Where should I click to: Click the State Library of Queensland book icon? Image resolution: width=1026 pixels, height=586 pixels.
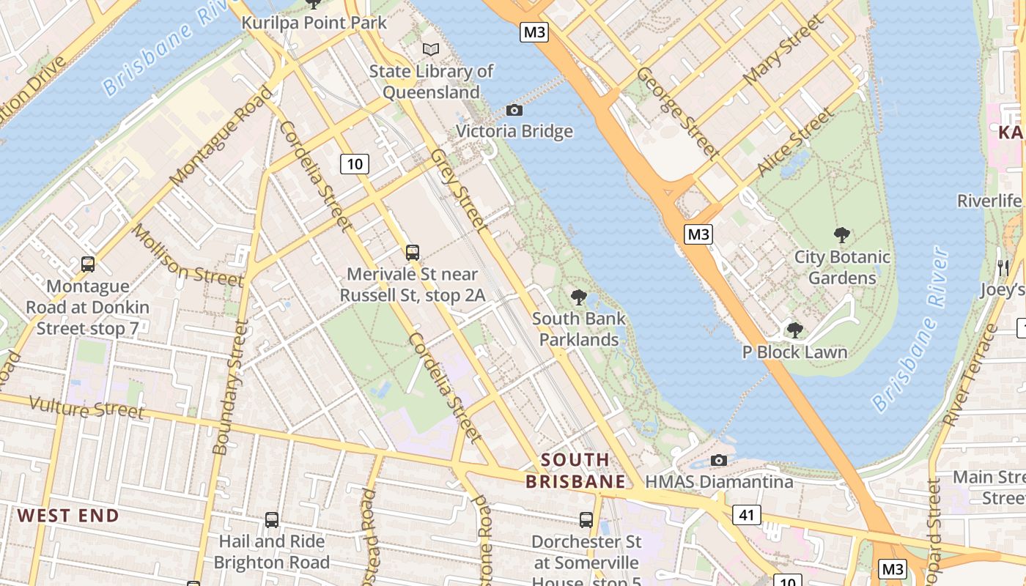coord(431,49)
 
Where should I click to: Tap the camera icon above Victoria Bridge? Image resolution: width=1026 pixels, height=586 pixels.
coord(514,110)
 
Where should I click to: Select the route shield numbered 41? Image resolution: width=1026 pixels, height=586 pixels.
coord(746,515)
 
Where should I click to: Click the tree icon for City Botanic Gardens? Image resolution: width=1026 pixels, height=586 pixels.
coord(841,235)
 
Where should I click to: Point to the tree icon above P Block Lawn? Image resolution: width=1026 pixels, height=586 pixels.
coord(794,330)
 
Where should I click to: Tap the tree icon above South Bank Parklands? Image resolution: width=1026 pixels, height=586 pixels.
coord(578,297)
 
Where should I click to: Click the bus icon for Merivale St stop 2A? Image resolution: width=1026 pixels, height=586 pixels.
coord(413,253)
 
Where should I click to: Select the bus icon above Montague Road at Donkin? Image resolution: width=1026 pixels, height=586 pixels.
coord(88,264)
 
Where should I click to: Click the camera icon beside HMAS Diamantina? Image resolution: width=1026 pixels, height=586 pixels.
coord(719,460)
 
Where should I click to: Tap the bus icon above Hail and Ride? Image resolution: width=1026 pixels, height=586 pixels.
coord(271,520)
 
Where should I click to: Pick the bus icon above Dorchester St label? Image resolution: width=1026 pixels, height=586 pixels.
coord(586,520)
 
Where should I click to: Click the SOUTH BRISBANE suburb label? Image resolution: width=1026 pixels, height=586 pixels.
coord(576,471)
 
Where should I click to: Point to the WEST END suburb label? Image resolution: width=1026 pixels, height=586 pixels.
coord(68,516)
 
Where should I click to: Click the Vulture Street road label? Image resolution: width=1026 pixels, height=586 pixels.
coord(86,407)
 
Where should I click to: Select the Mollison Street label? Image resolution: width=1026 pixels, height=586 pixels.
coord(186,255)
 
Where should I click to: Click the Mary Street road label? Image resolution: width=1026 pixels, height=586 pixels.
coord(783,50)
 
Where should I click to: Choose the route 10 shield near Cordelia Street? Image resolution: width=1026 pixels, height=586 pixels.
coord(354,163)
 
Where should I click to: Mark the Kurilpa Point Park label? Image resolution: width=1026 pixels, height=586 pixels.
coord(314,23)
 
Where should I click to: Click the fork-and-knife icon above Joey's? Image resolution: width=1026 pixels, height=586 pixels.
coord(1003,267)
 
